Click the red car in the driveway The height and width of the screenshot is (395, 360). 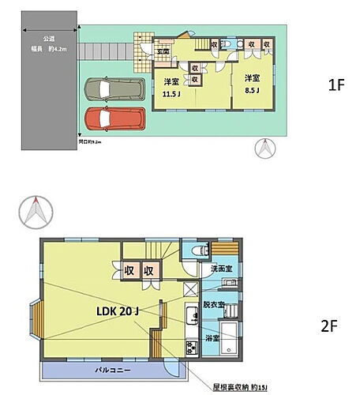click(114, 120)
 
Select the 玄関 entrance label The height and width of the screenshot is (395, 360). click(163, 52)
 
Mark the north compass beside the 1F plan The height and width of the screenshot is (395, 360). click(264, 147)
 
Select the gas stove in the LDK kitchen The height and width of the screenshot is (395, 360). click(190, 348)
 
